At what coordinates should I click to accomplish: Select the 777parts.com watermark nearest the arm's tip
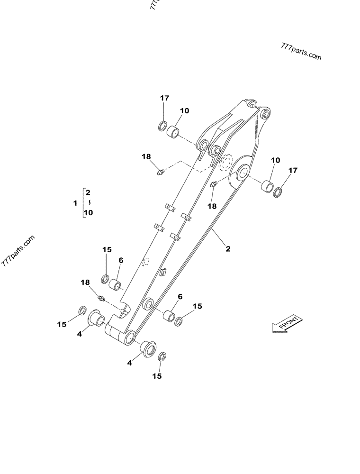[x=301, y=51]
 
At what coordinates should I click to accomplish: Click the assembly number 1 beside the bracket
[x=75, y=203]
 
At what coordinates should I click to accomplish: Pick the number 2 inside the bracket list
[x=88, y=192]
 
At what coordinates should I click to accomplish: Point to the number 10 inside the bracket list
[x=88, y=213]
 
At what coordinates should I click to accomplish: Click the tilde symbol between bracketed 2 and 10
[x=88, y=202]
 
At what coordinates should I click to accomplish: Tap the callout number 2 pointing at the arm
[x=228, y=248]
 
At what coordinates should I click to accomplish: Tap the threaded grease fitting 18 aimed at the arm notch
[x=100, y=298]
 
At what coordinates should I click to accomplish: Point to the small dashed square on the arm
[x=146, y=261]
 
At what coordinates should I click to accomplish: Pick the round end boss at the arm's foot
[x=129, y=338]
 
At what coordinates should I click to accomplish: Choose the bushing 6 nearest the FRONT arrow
[x=169, y=315]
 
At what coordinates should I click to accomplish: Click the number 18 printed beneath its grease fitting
[x=212, y=206]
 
